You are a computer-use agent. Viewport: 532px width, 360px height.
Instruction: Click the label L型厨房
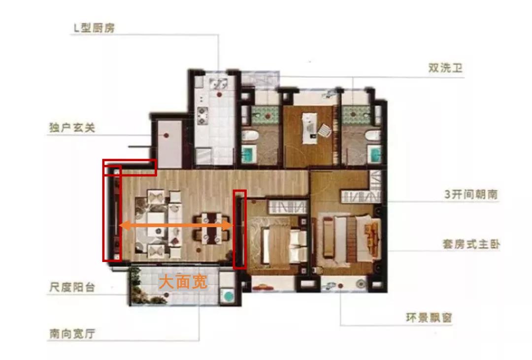tap(94, 28)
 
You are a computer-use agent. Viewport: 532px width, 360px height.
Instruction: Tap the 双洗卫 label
tap(445, 68)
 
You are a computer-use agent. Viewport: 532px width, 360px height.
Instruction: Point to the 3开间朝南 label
tap(470, 194)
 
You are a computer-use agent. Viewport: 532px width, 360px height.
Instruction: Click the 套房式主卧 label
tap(471, 244)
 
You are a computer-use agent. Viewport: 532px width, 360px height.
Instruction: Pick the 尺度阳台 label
tap(72, 287)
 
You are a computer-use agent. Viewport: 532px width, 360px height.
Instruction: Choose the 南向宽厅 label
tap(72, 333)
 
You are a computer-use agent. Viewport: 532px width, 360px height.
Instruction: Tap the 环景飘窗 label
tap(426, 318)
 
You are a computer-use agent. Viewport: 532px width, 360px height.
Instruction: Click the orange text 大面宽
tap(182, 282)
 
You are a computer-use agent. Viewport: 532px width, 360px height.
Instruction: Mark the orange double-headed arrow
tap(176, 226)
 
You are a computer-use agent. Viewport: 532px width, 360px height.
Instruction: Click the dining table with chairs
tap(210, 228)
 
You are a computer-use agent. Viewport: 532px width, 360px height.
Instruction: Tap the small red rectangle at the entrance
tap(129, 167)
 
